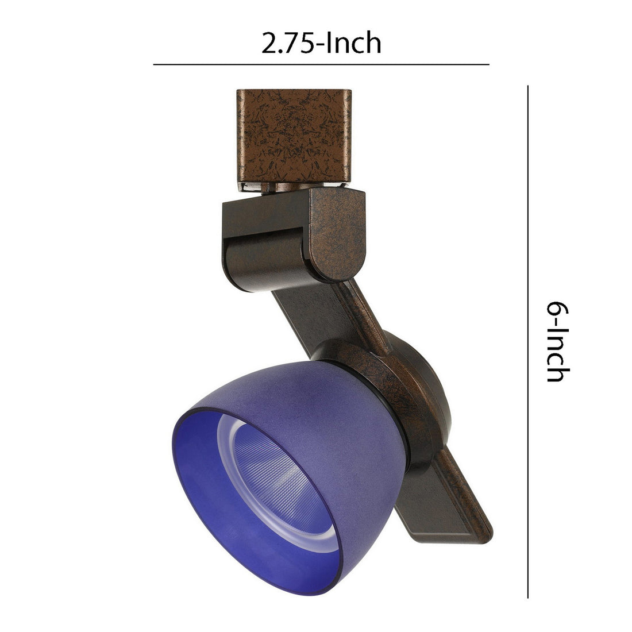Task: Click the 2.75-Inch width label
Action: (x=321, y=44)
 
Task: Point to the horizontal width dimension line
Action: (x=321, y=64)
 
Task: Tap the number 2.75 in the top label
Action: (x=287, y=44)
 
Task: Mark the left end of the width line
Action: (x=154, y=64)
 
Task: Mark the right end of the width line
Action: (x=489, y=64)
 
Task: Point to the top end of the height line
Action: (x=527, y=86)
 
